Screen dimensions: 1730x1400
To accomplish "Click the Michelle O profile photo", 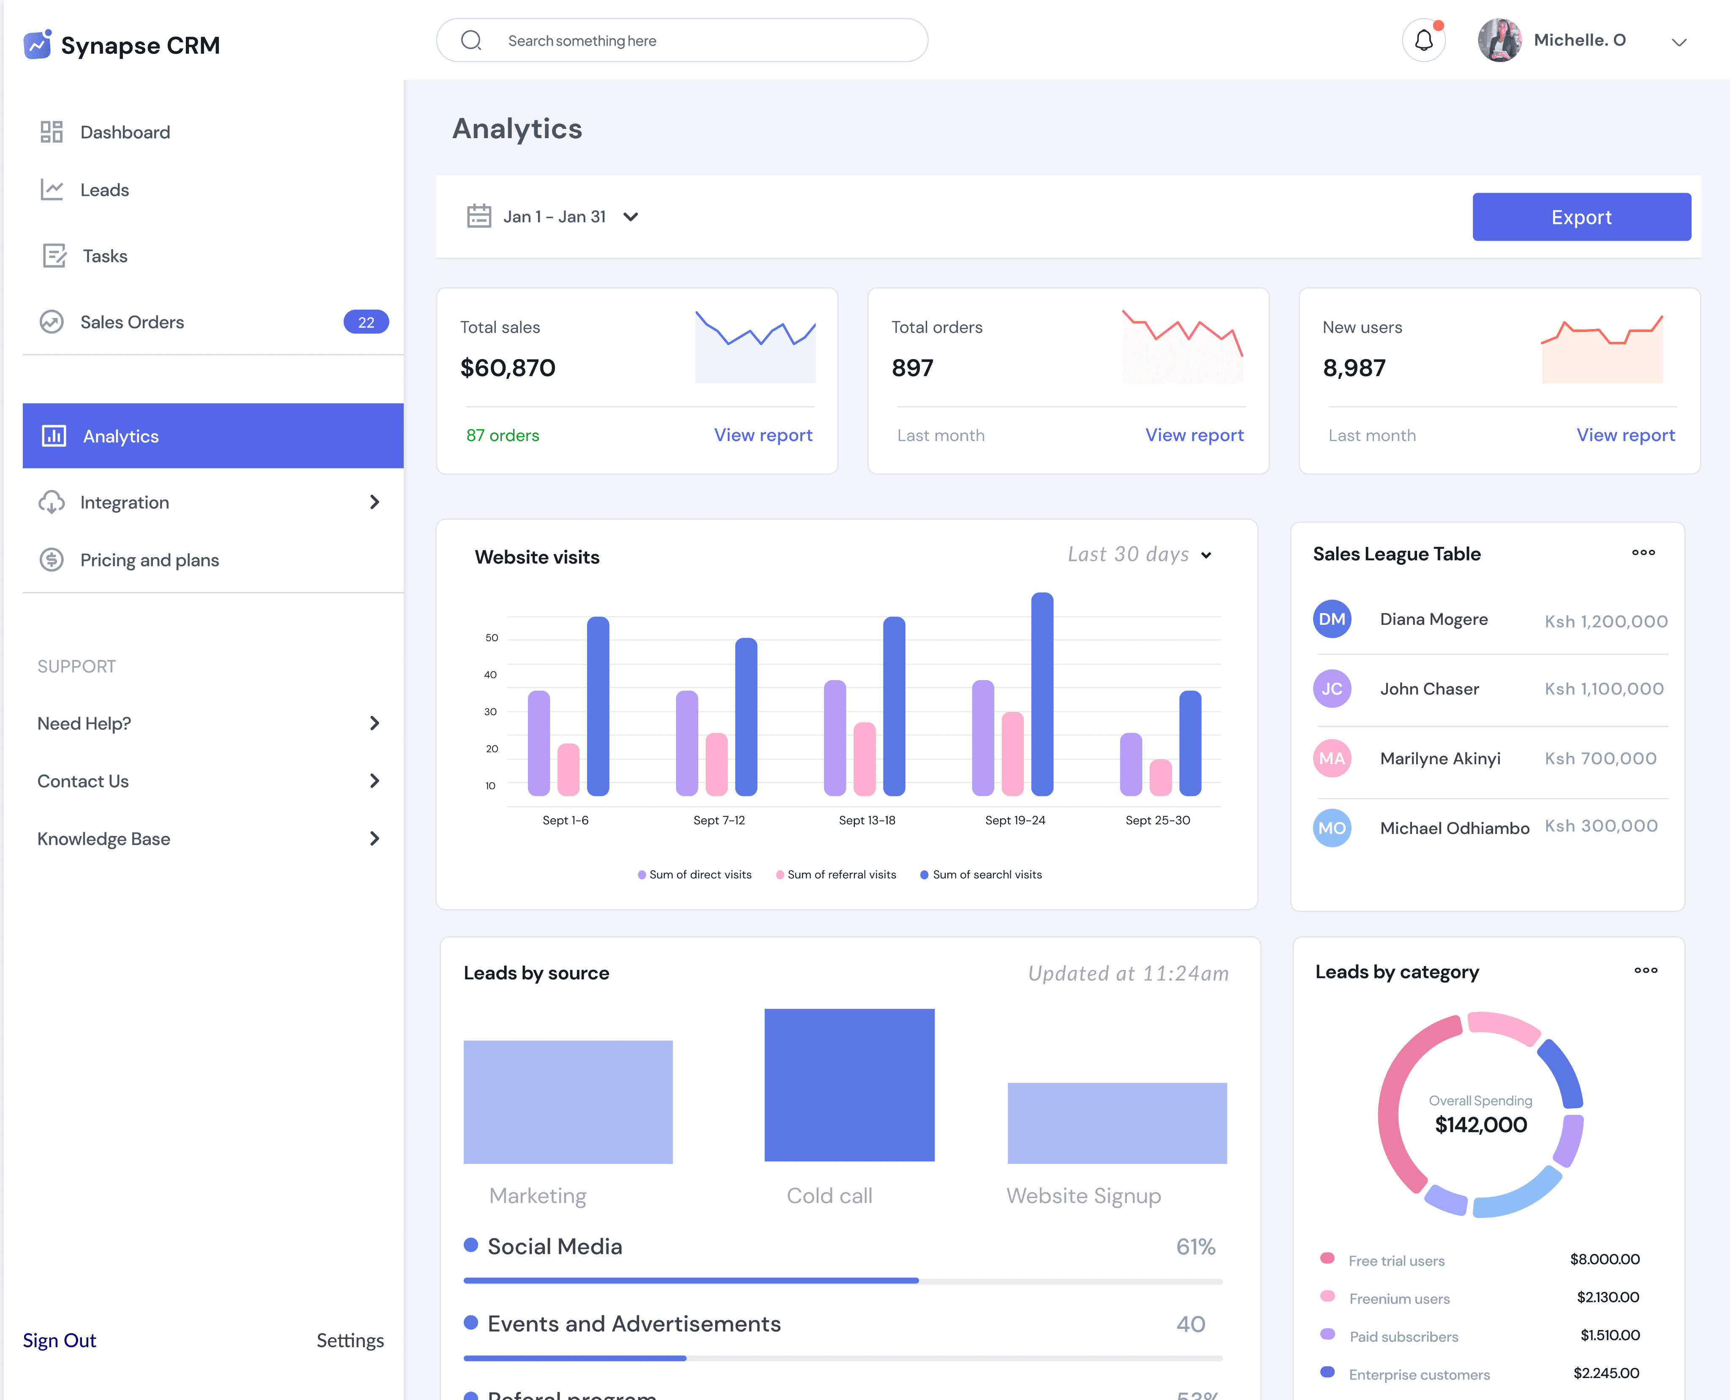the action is tap(1499, 40).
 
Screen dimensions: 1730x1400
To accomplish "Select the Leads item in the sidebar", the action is tap(104, 191).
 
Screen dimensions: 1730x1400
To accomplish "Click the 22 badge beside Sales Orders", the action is tap(366, 322).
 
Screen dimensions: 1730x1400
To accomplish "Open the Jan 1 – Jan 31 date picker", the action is tap(553, 217).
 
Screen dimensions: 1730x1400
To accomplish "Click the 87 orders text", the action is tap(502, 436).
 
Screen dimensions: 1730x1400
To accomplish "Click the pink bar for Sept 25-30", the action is tap(1160, 777).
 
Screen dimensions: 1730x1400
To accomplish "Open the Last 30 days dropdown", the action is tap(1139, 555).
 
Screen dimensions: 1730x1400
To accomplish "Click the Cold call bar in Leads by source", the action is tap(849, 1085).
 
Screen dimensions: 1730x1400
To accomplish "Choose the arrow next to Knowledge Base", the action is tap(374, 839).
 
